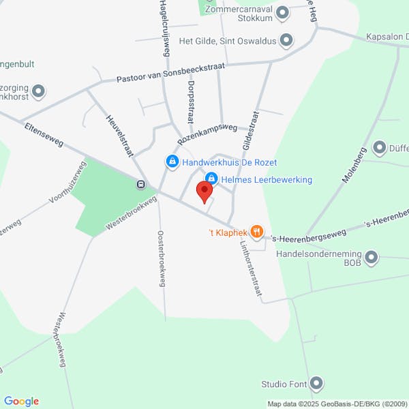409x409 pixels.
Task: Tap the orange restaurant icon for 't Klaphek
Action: pos(256,232)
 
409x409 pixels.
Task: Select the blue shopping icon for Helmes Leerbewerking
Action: pos(211,179)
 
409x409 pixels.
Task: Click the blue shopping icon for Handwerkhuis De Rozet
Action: pos(172,162)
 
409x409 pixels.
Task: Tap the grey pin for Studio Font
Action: pos(316,384)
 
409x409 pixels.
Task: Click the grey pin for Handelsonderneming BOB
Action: pos(372,258)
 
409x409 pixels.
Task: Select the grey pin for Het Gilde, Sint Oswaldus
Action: pos(286,41)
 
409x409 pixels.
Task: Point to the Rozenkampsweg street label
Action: pos(207,133)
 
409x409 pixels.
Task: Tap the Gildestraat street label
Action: pos(249,131)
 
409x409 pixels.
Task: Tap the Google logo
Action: pos(21,401)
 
